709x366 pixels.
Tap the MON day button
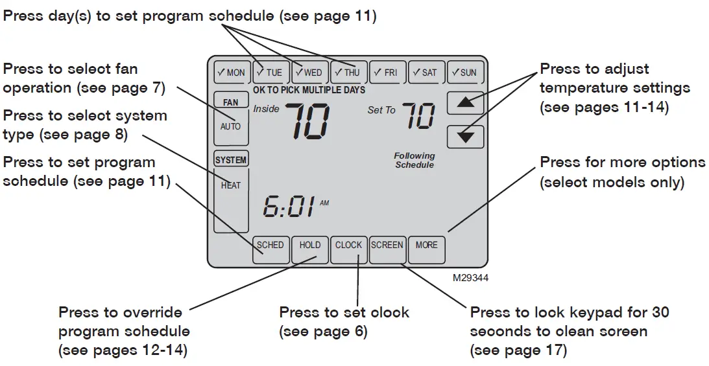pos(232,73)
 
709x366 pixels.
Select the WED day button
pos(309,73)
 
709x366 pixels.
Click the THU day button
pos(348,73)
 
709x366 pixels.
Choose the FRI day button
pos(387,73)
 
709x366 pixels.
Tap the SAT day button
pos(426,73)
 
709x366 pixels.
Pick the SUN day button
pos(465,73)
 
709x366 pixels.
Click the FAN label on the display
pos(231,102)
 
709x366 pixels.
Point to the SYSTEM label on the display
pos(231,160)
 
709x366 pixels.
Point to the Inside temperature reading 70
pos(307,121)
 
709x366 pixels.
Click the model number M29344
pos(471,277)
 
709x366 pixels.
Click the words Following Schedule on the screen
pos(415,161)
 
